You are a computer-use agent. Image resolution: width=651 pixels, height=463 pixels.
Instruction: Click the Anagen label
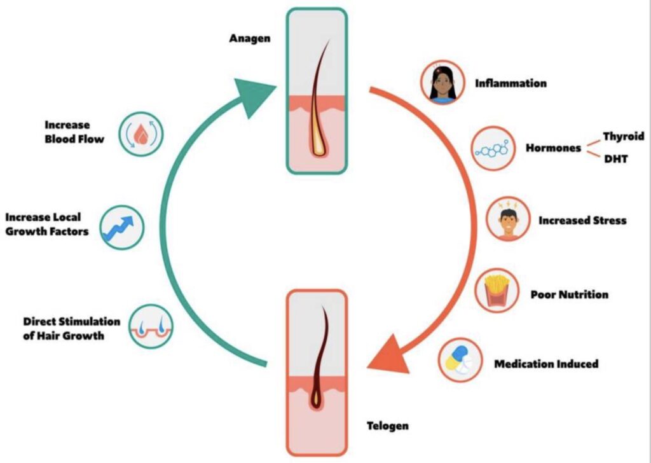(x=250, y=39)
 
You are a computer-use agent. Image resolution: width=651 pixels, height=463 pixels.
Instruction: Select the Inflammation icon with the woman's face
(x=440, y=83)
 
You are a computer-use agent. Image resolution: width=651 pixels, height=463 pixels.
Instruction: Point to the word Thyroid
(x=623, y=136)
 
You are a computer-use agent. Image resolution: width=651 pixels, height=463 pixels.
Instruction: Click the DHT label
(x=615, y=159)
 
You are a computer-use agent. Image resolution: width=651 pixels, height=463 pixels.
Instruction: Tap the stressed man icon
(x=507, y=220)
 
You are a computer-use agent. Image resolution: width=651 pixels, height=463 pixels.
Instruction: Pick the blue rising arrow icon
(x=122, y=227)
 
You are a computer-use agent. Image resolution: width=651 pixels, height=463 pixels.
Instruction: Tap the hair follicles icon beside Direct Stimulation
(x=151, y=326)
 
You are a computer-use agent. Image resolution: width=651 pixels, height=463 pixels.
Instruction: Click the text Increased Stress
(x=582, y=221)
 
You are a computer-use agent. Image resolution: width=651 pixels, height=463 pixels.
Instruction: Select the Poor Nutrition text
(x=569, y=294)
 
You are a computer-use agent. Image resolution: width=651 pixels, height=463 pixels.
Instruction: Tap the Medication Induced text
(x=546, y=364)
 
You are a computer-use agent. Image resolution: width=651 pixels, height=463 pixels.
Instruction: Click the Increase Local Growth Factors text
(x=47, y=225)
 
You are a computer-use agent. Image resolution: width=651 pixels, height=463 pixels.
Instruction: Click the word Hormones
(x=553, y=148)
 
